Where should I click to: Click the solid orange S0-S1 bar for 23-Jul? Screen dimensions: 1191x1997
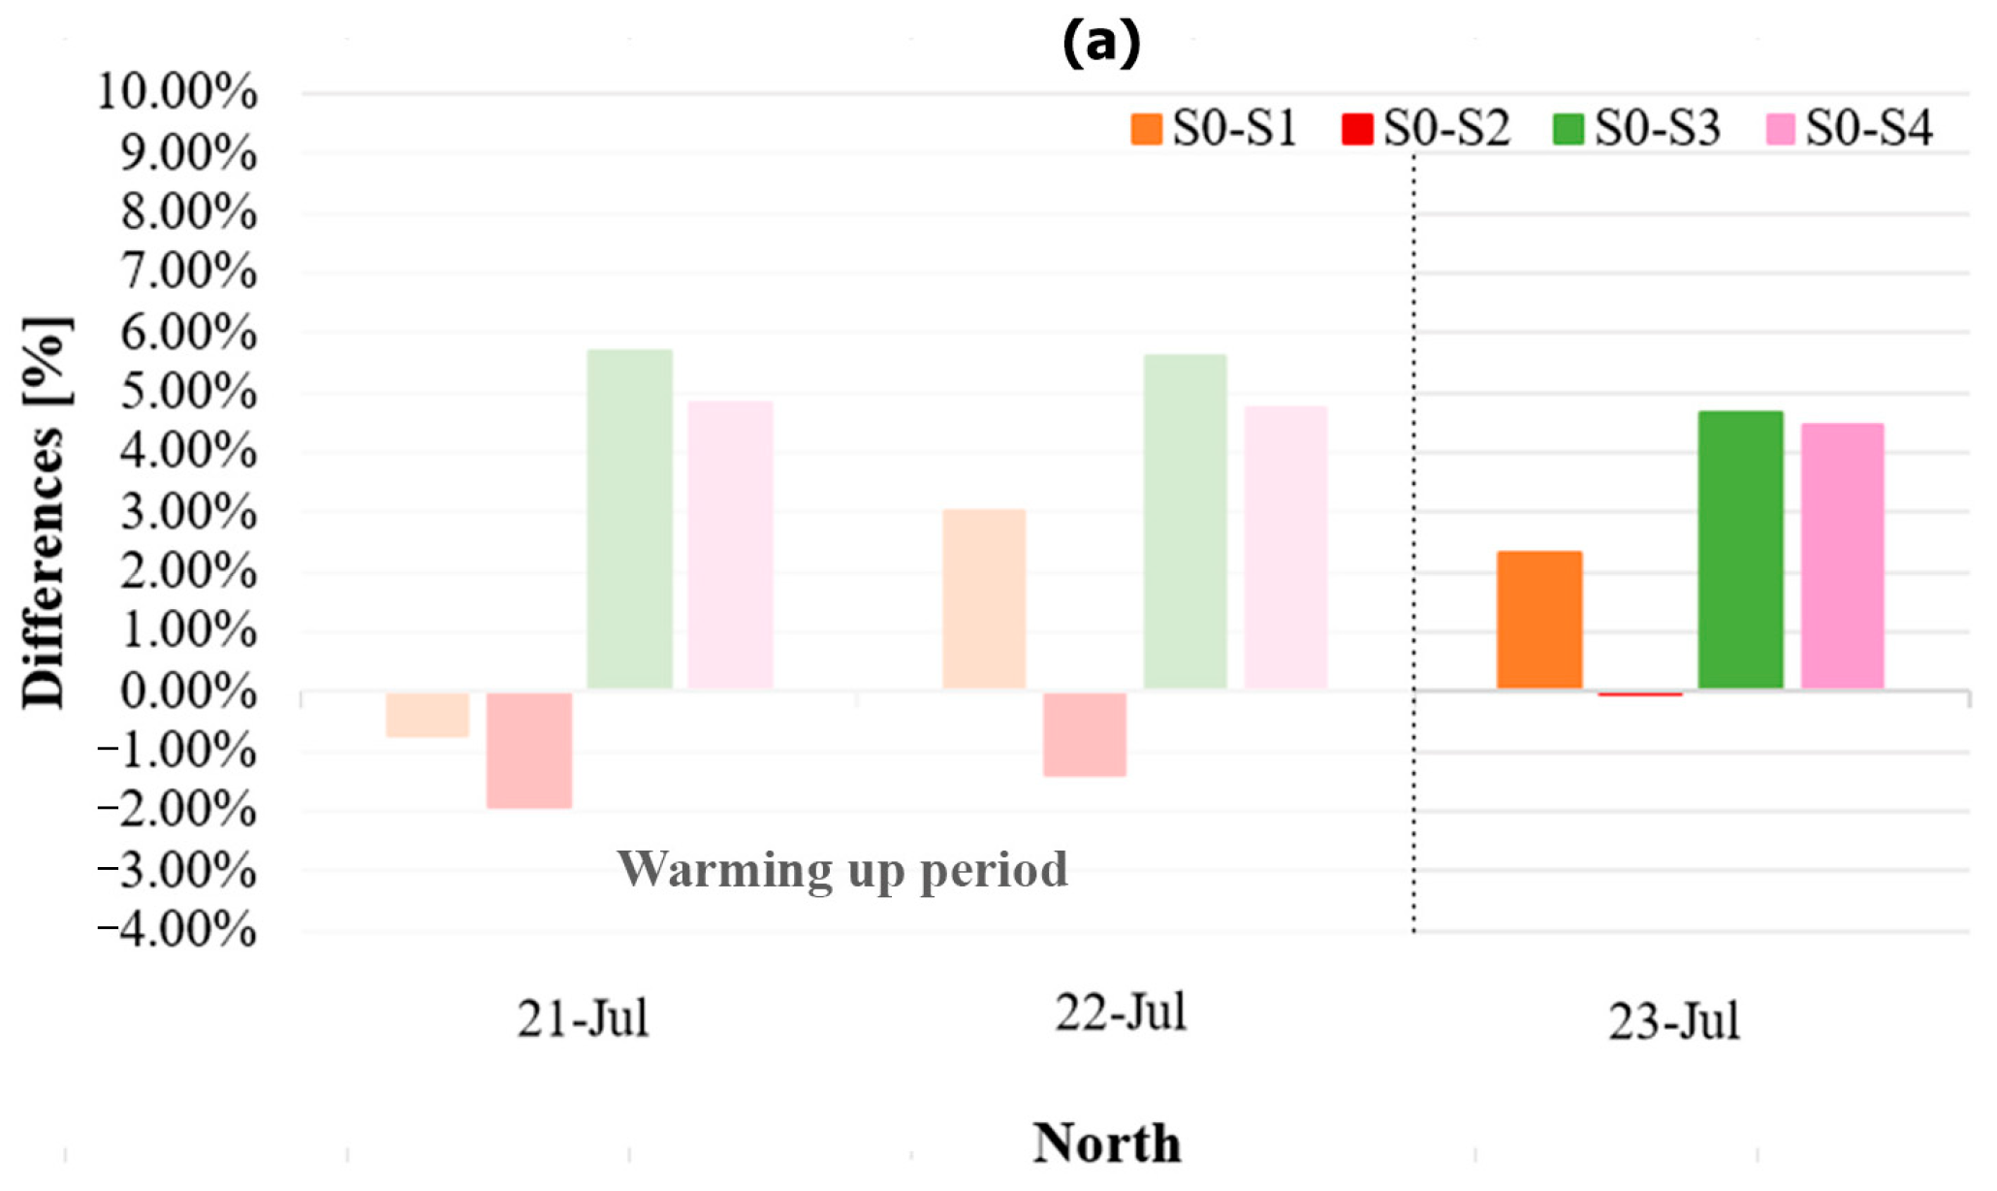tap(1539, 621)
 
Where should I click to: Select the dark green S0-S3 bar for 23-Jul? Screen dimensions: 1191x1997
tap(1740, 550)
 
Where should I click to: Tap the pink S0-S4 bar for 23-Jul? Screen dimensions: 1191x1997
tap(1842, 557)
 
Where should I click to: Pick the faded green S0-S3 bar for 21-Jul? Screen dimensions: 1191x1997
tap(630, 520)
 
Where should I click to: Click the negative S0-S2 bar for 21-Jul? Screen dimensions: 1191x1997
tap(529, 750)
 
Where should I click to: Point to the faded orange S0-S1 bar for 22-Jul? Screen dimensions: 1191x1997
tap(984, 599)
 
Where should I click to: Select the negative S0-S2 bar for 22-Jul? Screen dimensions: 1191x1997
tap(1085, 734)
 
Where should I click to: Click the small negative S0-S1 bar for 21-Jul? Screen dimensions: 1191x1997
tap(428, 715)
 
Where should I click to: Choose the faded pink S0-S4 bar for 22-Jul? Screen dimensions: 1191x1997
tap(1285, 548)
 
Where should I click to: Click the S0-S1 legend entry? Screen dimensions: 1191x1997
tap(1214, 129)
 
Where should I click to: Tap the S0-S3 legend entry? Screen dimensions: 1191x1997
tap(1636, 129)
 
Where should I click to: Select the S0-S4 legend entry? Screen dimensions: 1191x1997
tap(1848, 129)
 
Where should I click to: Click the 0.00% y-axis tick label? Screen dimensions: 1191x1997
tap(188, 692)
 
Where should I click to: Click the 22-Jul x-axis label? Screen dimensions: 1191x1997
tap(1121, 1014)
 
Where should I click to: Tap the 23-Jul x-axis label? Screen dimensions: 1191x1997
tap(1674, 1022)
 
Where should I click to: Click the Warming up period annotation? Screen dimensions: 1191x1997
tap(842, 870)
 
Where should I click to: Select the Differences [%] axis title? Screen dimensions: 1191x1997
tap(45, 514)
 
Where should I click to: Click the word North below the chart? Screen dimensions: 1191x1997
tap(1106, 1143)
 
